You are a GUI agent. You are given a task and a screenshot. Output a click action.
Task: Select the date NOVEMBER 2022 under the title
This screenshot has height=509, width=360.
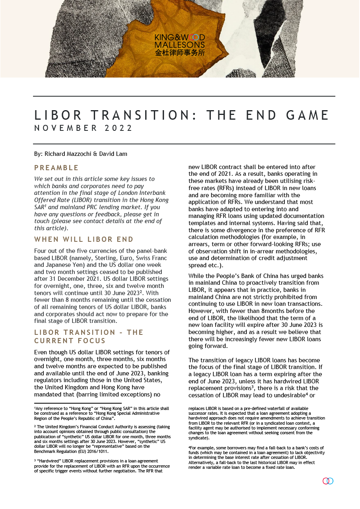(x=84, y=128)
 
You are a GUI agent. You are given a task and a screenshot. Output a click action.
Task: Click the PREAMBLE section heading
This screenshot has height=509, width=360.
(x=56, y=168)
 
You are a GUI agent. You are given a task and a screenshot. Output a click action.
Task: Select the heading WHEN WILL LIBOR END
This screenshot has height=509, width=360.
(x=84, y=239)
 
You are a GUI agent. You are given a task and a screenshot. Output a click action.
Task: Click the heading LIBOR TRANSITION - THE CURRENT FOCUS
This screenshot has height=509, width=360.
(x=89, y=336)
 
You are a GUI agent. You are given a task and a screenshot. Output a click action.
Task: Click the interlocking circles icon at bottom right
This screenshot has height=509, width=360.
(x=328, y=481)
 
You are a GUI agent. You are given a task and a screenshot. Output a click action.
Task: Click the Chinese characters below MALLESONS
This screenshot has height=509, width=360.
(x=179, y=52)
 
